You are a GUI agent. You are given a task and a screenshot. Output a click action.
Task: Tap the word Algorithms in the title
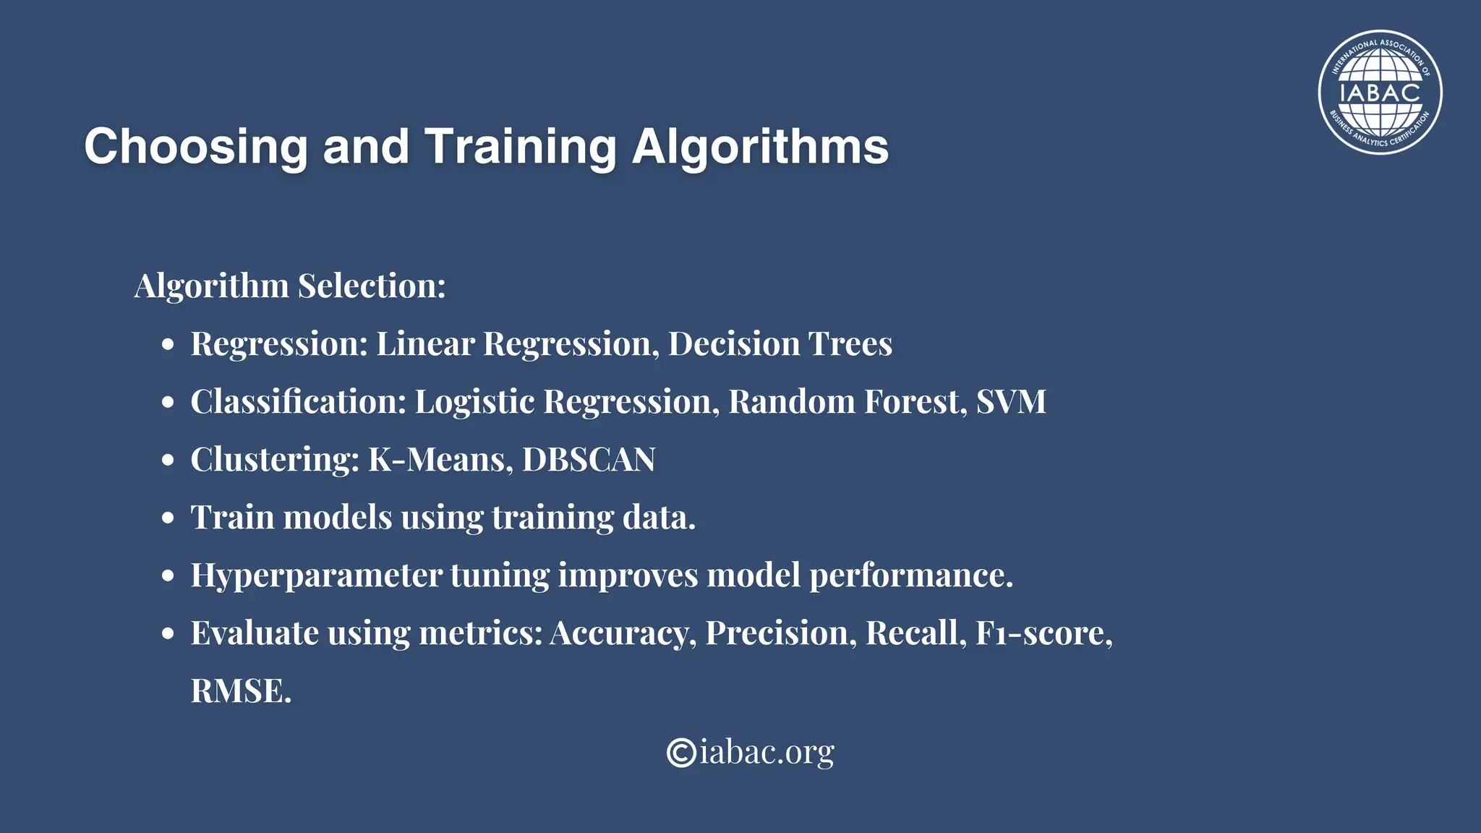click(x=760, y=147)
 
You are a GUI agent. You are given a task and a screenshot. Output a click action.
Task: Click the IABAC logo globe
click(x=1380, y=93)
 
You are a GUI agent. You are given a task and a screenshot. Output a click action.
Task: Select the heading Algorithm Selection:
click(x=290, y=286)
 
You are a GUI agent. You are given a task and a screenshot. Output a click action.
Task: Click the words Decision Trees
click(x=780, y=343)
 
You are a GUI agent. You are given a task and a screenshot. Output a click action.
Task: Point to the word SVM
click(x=1011, y=401)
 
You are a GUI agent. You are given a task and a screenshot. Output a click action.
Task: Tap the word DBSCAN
click(x=589, y=459)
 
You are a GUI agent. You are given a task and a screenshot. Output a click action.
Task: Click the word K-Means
click(x=436, y=459)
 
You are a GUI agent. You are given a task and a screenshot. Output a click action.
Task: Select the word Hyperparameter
click(x=316, y=576)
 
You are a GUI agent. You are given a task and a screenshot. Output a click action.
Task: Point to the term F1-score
click(x=1041, y=633)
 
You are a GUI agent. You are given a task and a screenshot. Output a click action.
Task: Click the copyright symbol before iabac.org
click(x=681, y=752)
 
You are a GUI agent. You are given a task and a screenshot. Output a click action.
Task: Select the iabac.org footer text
click(x=767, y=752)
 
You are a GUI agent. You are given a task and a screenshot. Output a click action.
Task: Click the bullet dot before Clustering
click(x=168, y=461)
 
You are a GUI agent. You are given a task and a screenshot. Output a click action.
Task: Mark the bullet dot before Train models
click(x=168, y=518)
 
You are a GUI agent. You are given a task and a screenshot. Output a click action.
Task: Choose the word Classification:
click(x=299, y=401)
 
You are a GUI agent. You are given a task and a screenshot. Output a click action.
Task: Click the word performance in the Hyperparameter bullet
click(x=910, y=576)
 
